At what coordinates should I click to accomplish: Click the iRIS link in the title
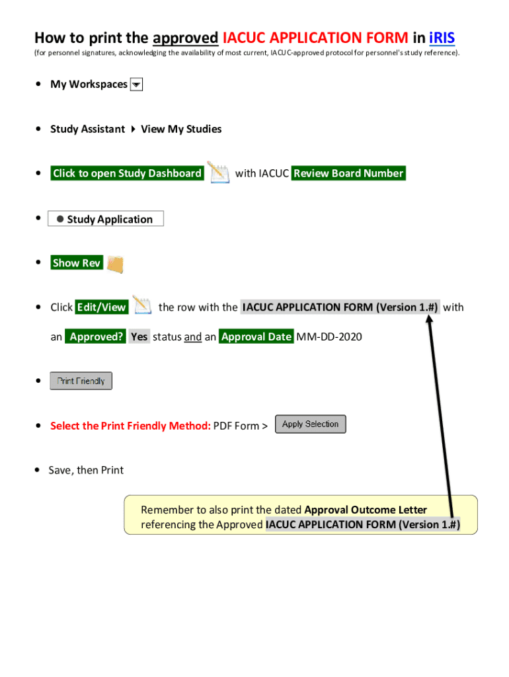[442, 37]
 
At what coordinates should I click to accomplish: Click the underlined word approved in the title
[185, 37]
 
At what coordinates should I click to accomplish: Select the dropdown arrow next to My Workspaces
[137, 85]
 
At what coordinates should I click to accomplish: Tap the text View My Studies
[181, 129]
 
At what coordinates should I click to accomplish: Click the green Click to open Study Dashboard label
[127, 173]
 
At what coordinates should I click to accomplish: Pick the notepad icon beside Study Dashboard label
[218, 173]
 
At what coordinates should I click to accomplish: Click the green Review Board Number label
[348, 173]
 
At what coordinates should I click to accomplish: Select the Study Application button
[106, 219]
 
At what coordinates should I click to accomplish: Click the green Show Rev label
[76, 263]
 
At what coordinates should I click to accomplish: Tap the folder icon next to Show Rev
[115, 264]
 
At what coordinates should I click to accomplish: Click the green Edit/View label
[101, 307]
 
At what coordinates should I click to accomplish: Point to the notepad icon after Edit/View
[142, 305]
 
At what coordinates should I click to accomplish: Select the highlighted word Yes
[139, 337]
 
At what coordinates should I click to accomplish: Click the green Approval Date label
[256, 337]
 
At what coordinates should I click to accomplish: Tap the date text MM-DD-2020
[329, 337]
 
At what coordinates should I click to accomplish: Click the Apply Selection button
[310, 424]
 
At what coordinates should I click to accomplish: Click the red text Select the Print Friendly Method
[130, 426]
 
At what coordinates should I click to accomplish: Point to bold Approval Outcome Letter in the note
[366, 510]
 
